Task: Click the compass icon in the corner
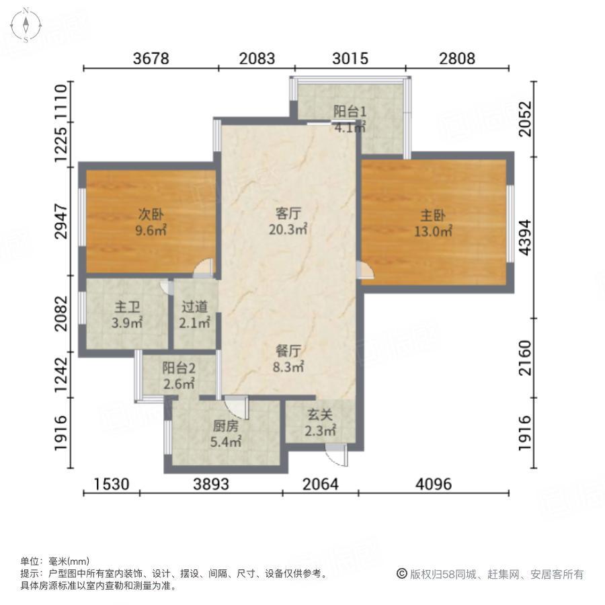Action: (26, 25)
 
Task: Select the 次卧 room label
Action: (151, 215)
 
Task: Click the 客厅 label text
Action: (288, 214)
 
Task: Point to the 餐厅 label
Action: (288, 351)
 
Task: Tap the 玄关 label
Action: (321, 417)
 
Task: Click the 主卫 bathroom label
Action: (127, 307)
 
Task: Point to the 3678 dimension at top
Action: (151, 58)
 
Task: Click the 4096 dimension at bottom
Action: (434, 484)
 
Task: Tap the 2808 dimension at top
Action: (457, 58)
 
